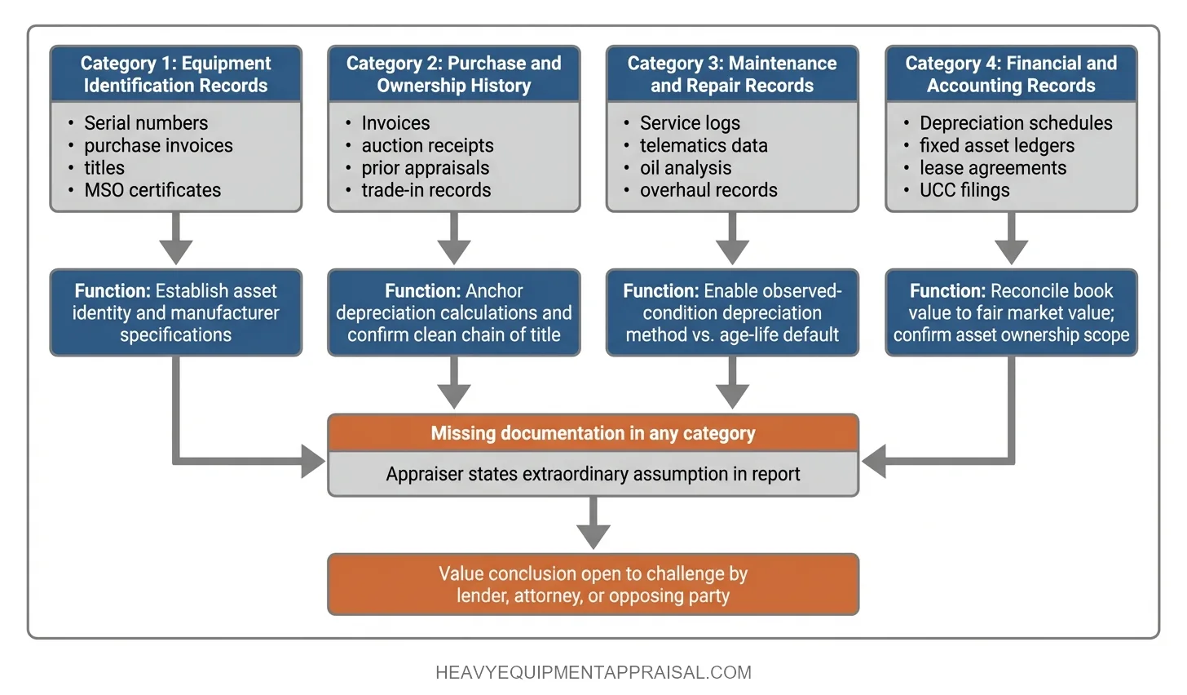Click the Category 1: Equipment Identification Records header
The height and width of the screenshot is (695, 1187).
pos(175,74)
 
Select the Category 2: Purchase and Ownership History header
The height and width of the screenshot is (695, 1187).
pos(453,74)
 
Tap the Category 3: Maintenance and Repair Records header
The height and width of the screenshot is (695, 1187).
pos(731,74)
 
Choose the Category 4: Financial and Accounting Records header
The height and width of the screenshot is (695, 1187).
pos(1011,74)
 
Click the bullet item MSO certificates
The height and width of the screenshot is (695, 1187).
pos(152,190)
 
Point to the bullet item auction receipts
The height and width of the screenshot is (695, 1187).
pos(427,146)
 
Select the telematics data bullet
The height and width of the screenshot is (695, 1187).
pos(704,146)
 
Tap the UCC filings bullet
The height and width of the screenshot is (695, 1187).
pos(964,190)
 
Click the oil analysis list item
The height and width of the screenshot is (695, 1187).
pos(686,168)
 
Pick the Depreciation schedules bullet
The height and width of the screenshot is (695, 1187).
pos(1016,123)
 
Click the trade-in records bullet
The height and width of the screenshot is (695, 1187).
pos(426,190)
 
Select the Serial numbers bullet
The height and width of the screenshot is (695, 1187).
pos(146,123)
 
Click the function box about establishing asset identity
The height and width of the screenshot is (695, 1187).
pos(175,313)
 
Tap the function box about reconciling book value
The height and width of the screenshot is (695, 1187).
pos(1011,313)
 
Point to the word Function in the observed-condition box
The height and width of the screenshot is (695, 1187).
pos(660,291)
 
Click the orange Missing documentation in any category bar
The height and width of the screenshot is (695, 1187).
pos(593,433)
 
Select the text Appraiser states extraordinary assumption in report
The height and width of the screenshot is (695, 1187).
pos(593,474)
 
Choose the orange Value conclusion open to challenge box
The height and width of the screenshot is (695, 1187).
pos(593,585)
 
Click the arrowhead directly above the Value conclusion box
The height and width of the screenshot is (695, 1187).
pos(593,536)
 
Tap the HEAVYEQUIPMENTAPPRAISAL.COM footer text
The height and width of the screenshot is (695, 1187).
pos(593,673)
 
